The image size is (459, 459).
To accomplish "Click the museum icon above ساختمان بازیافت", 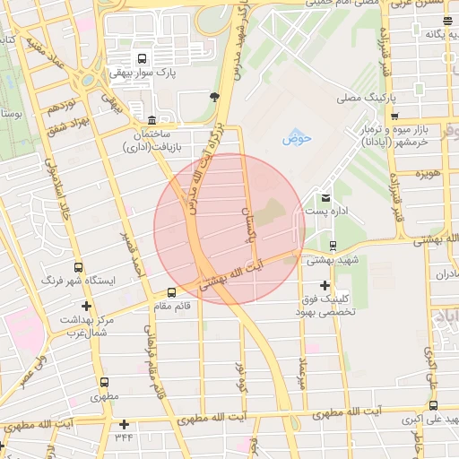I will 150,120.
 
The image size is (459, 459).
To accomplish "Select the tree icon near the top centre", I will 213,96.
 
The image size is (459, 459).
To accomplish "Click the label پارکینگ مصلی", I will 368,95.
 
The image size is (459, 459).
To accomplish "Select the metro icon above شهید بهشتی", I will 333,245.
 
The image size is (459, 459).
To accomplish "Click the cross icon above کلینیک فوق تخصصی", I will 325,284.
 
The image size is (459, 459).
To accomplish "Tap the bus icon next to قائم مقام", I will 171,292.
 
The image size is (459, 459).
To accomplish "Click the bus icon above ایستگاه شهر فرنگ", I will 79,267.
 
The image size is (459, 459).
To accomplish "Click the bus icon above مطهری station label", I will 105,382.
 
